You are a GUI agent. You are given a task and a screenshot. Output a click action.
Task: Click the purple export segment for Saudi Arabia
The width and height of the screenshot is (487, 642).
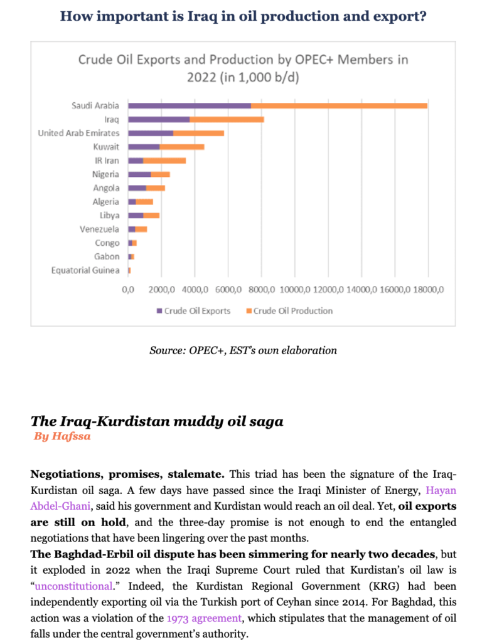tap(190, 105)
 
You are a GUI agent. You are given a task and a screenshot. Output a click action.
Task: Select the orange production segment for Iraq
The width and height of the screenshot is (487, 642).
tap(227, 120)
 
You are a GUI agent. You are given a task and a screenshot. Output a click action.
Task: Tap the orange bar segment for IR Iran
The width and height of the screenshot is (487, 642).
tap(164, 160)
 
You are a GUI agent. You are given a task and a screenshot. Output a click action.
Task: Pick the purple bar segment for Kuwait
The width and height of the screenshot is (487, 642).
tap(144, 147)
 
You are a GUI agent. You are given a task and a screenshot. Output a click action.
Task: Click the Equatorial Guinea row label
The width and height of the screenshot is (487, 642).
tap(85, 270)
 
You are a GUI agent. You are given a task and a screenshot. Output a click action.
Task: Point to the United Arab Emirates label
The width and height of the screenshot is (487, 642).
tap(78, 133)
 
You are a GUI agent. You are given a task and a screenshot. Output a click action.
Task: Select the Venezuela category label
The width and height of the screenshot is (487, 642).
tap(99, 229)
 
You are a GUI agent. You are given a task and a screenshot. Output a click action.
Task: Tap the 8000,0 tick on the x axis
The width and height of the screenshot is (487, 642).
tap(262, 290)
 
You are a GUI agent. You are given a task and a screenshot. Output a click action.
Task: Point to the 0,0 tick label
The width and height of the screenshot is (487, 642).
tap(128, 290)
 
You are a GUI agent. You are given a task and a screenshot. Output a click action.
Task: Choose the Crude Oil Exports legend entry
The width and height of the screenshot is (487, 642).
tap(193, 311)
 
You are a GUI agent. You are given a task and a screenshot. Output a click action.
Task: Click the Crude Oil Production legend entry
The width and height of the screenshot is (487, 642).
tap(289, 311)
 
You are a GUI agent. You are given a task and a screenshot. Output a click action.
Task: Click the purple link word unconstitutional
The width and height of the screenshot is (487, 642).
tap(73, 586)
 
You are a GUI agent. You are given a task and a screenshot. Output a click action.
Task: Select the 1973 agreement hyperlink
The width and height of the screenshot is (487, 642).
tap(204, 618)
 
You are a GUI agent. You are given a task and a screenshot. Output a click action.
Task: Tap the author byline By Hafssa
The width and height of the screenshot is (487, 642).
tap(62, 436)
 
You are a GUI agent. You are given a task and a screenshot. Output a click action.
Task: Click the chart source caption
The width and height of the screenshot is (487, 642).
tap(243, 350)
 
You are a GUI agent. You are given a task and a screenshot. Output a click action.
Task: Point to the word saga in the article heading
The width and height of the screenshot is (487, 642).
tap(266, 421)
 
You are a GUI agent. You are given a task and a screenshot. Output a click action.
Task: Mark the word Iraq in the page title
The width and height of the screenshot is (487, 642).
tap(203, 16)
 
